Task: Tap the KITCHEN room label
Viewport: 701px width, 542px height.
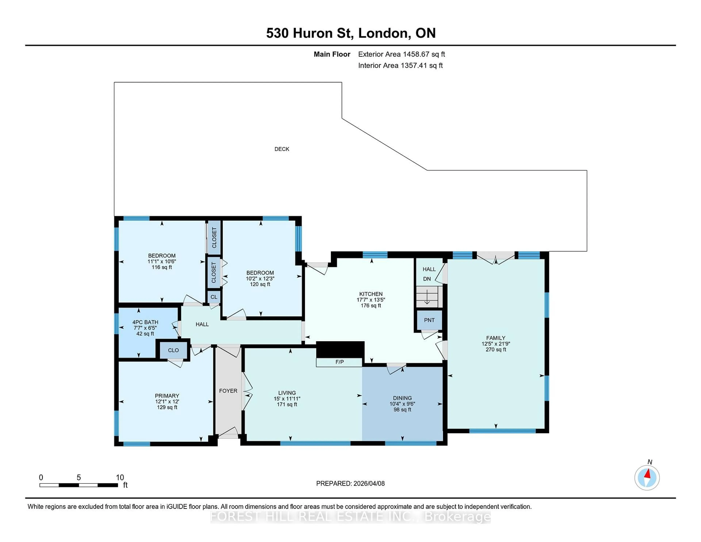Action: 371,294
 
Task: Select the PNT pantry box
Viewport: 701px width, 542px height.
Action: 429,320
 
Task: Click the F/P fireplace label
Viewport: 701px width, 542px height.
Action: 339,362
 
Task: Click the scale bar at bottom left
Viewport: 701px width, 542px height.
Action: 79,485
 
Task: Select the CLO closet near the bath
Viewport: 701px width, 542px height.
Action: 173,350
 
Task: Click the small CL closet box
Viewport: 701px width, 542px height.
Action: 214,297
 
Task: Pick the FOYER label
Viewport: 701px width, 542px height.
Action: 228,391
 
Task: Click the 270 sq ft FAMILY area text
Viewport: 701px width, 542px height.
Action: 496,349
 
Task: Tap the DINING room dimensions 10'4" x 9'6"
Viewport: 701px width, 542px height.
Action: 402,404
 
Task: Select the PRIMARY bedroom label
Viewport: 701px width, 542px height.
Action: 167,396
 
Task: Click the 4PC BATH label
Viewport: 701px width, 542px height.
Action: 145,322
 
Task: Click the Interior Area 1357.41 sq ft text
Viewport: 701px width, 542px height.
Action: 400,66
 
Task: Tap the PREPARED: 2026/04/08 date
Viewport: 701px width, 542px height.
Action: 350,483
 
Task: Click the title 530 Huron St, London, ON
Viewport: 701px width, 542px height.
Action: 350,33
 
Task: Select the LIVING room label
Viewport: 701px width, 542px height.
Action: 287,393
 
